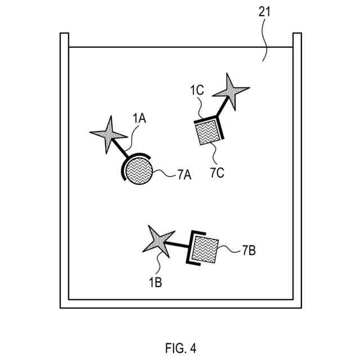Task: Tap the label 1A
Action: [x=139, y=119]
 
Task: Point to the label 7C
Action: [x=218, y=172]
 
